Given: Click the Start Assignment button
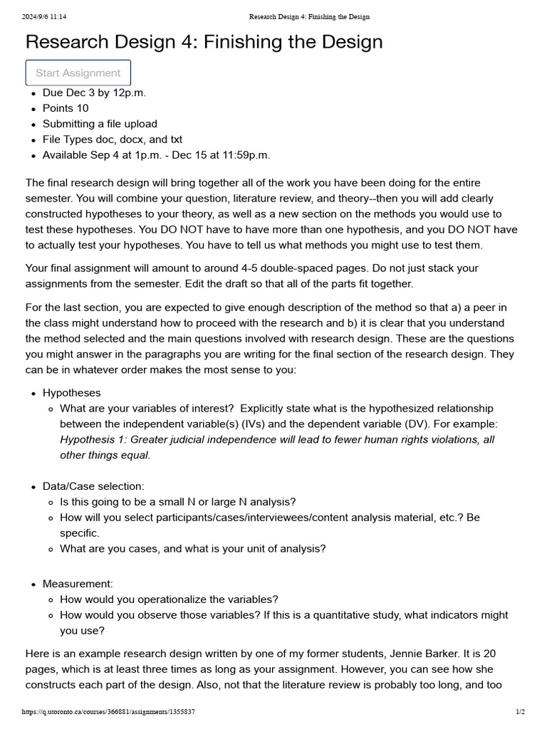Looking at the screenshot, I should [78, 73].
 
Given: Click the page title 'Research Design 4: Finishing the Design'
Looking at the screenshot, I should [204, 42].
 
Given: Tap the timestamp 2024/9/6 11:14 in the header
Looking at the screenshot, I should [39, 16].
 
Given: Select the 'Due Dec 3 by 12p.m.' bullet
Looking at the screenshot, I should [94, 93].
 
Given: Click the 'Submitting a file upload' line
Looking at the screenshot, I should [100, 124].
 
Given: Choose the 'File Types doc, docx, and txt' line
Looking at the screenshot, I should [113, 140].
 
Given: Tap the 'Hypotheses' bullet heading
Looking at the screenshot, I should [71, 393].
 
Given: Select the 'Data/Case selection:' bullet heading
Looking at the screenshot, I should [93, 486].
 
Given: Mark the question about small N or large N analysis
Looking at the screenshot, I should [177, 502].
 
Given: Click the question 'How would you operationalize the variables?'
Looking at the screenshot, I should [169, 599].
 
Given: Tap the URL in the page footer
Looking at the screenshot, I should [108, 711].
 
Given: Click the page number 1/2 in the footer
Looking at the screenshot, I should [519, 711].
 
